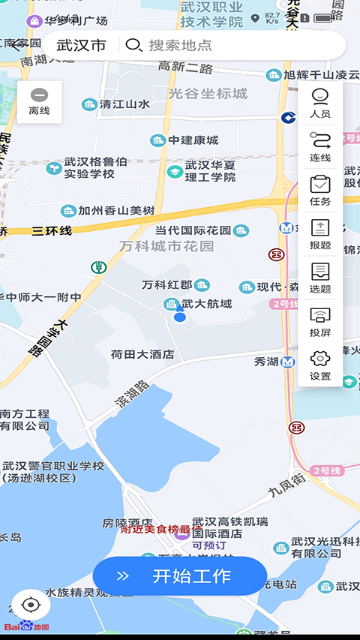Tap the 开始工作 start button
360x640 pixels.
(180, 576)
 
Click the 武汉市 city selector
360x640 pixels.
(81, 45)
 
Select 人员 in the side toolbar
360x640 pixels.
(320, 104)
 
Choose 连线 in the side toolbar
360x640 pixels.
(320, 147)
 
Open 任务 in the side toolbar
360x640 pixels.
(320, 191)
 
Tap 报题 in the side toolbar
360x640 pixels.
(320, 234)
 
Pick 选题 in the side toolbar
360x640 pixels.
(320, 278)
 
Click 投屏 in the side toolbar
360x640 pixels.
(320, 321)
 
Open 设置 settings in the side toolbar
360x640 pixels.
(320, 365)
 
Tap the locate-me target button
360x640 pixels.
(31, 605)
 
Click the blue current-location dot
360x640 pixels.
(179, 317)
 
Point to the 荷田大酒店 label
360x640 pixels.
(142, 354)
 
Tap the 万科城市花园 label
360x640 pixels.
(166, 246)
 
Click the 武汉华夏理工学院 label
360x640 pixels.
(201, 171)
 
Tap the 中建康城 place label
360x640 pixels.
(193, 140)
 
